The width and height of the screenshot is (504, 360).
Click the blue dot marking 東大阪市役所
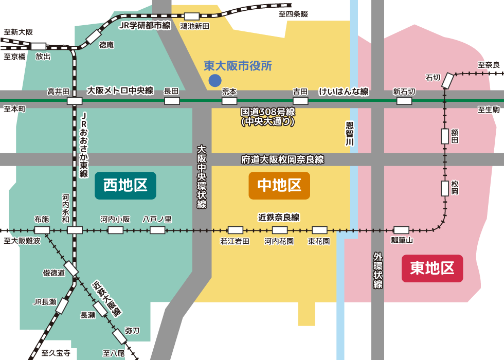click(214, 80)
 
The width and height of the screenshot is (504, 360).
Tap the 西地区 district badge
click(125, 185)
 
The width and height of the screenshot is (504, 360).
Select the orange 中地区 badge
click(279, 185)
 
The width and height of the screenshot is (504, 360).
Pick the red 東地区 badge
click(432, 268)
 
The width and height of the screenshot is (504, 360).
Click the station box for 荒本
click(229, 101)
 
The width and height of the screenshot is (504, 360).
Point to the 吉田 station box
click(300, 101)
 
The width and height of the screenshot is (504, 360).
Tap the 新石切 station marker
click(404, 101)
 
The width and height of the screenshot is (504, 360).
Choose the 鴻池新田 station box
click(192, 16)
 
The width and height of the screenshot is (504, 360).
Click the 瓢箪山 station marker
click(401, 230)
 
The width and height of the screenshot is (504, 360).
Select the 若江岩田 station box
click(236, 230)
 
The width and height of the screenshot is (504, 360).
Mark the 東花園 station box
click(319, 230)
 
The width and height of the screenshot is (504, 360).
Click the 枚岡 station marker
click(445, 188)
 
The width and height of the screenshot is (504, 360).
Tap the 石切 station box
click(448, 80)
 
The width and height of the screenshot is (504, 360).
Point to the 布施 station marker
click(42, 230)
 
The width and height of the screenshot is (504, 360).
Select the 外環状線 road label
click(378, 270)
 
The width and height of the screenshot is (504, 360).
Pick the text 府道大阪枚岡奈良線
click(283, 159)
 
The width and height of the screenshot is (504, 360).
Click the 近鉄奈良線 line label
click(279, 217)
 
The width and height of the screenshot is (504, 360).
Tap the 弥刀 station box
click(119, 336)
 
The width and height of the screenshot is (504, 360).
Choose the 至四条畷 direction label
click(293, 14)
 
